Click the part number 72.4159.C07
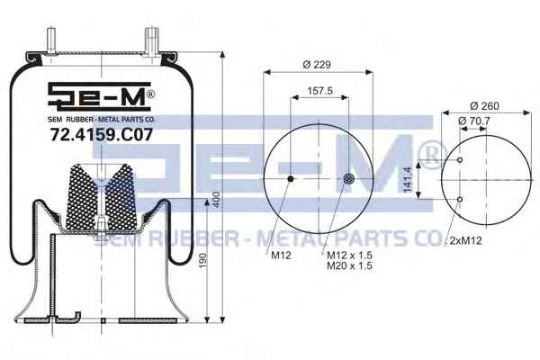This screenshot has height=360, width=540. click(102, 134)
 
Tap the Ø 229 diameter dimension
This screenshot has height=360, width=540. click(317, 65)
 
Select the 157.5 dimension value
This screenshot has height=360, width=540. click(319, 91)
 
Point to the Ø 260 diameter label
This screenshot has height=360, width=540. click(484, 106)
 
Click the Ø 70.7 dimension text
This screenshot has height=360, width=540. click(474, 121)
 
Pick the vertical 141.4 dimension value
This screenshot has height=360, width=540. click(408, 179)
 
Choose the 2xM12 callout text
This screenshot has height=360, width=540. click(465, 240)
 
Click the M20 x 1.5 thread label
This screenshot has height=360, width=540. click(349, 265)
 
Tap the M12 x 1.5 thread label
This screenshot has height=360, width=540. click(349, 256)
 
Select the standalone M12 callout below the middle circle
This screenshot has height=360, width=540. click(281, 256)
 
